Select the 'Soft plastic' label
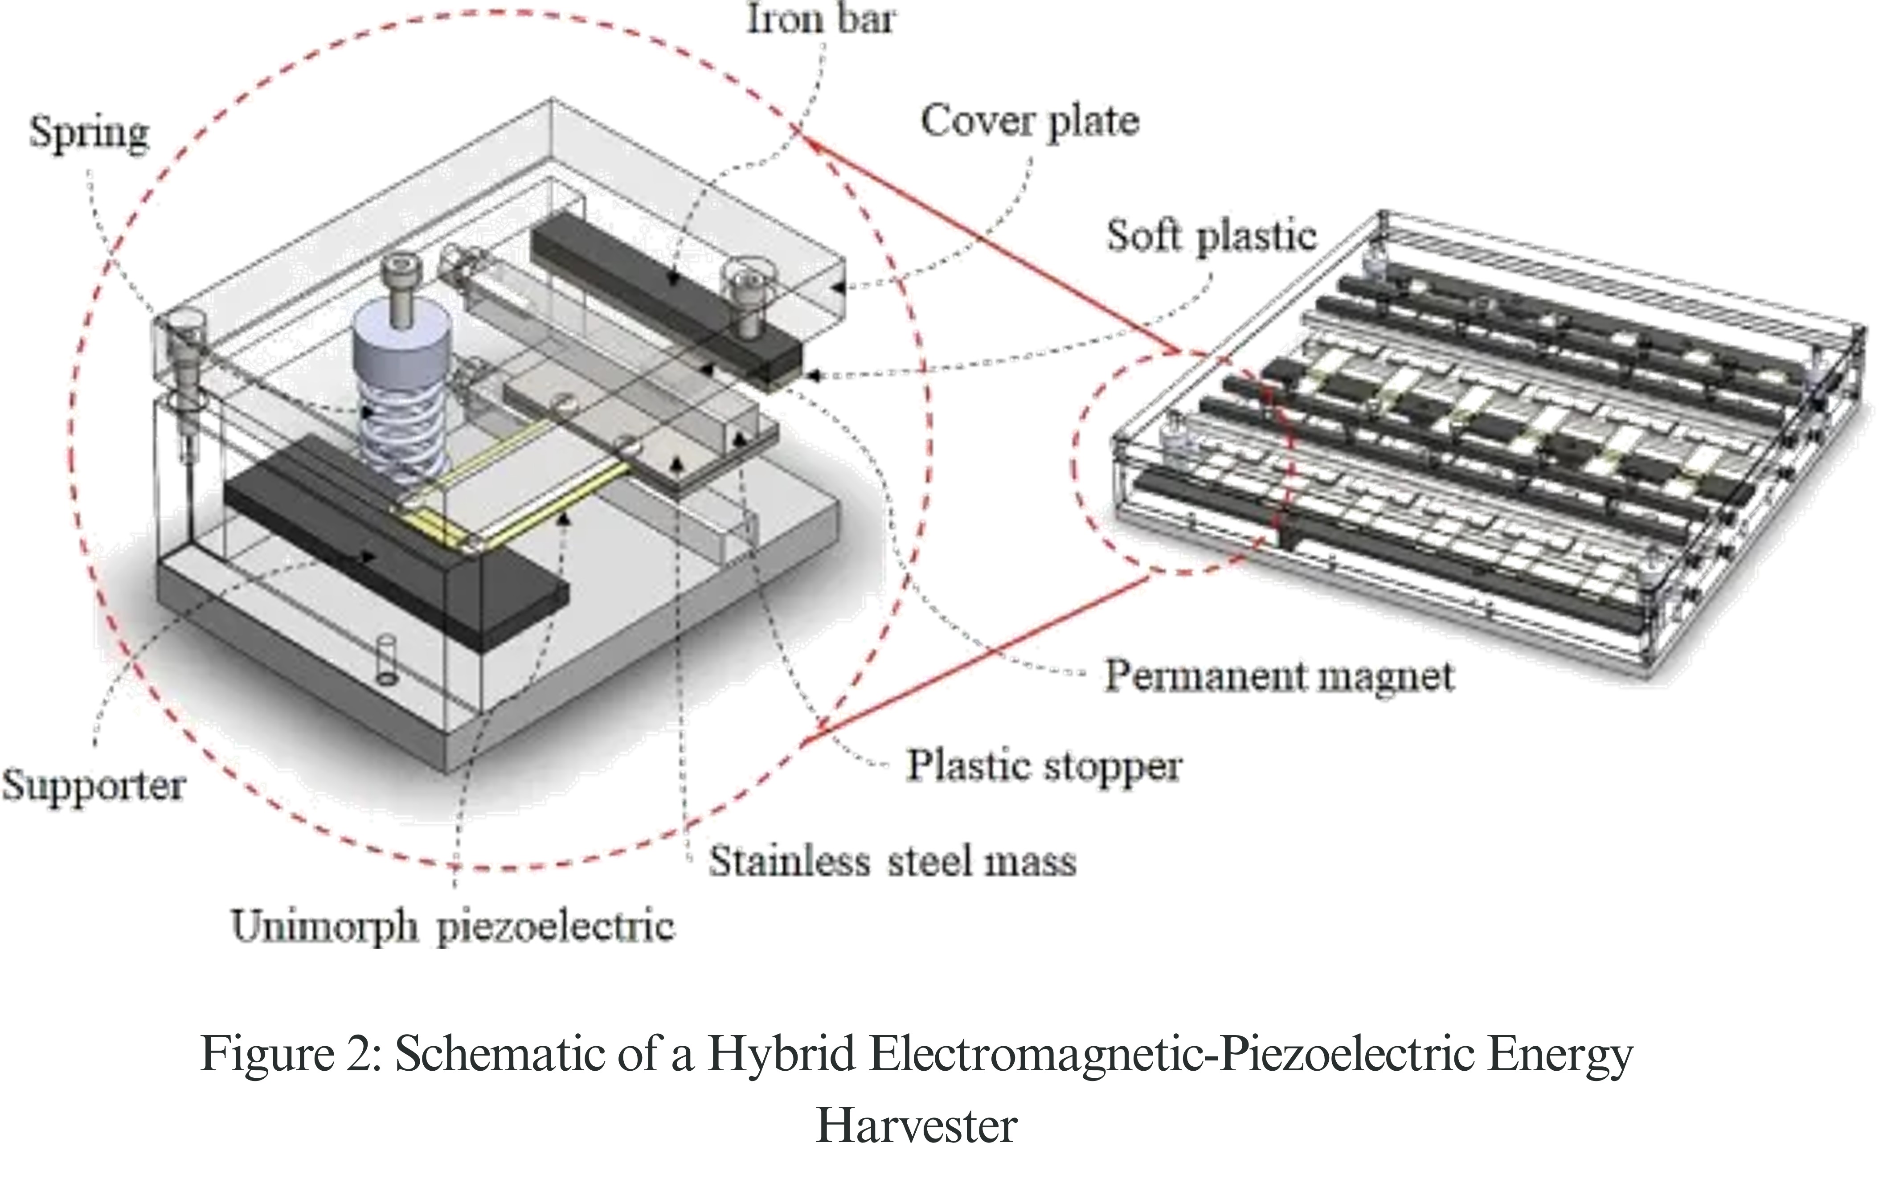coord(1211,236)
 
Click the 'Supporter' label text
coord(94,784)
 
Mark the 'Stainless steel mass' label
coord(892,862)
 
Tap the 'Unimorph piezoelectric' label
coord(453,927)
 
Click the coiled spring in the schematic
coord(400,437)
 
